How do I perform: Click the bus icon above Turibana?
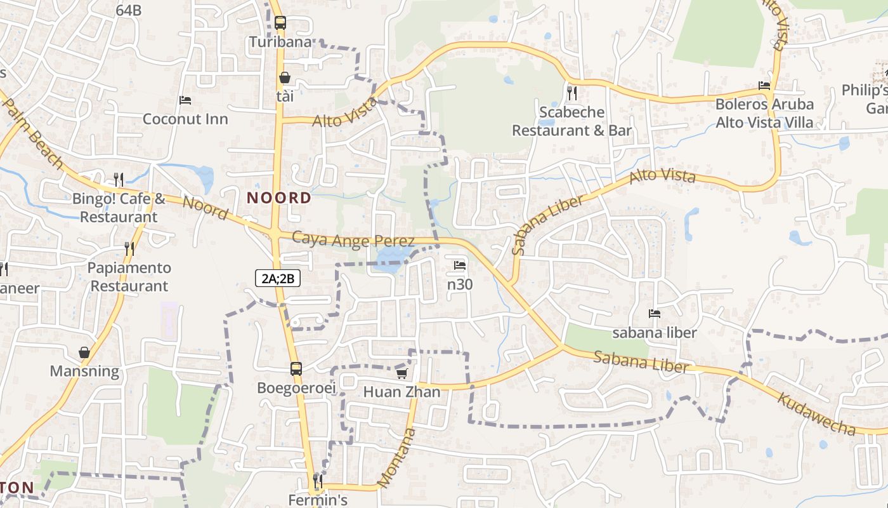(x=280, y=23)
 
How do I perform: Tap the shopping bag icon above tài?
(x=285, y=77)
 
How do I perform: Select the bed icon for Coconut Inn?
(x=185, y=100)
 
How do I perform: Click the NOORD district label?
(x=279, y=197)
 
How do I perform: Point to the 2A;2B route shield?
(x=277, y=278)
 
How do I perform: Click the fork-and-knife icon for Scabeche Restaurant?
(x=572, y=93)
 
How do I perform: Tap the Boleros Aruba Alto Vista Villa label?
(x=764, y=113)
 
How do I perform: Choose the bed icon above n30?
(x=460, y=265)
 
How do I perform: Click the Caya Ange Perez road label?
(x=353, y=239)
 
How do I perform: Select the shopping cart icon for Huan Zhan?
(x=401, y=373)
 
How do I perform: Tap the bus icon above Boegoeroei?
(x=296, y=368)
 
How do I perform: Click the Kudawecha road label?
(x=816, y=414)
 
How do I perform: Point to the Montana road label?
(x=396, y=458)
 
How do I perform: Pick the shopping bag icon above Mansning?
(x=84, y=352)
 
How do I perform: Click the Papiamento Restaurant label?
(x=129, y=277)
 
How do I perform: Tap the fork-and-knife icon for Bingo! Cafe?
(x=119, y=179)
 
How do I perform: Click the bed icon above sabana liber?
(x=655, y=313)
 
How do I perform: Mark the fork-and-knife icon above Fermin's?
(x=318, y=481)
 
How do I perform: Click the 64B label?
(x=129, y=10)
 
